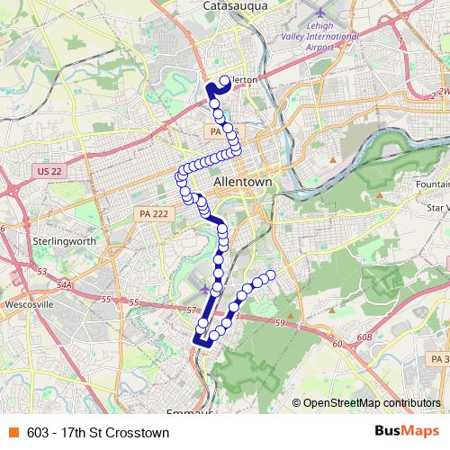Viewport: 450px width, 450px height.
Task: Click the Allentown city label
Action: [x=243, y=183]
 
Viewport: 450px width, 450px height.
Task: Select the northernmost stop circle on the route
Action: [x=223, y=80]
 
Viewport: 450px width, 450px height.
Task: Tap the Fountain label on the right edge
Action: [x=434, y=184]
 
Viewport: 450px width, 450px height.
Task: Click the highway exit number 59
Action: [x=280, y=322]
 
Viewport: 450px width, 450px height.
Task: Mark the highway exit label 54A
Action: [x=63, y=284]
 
